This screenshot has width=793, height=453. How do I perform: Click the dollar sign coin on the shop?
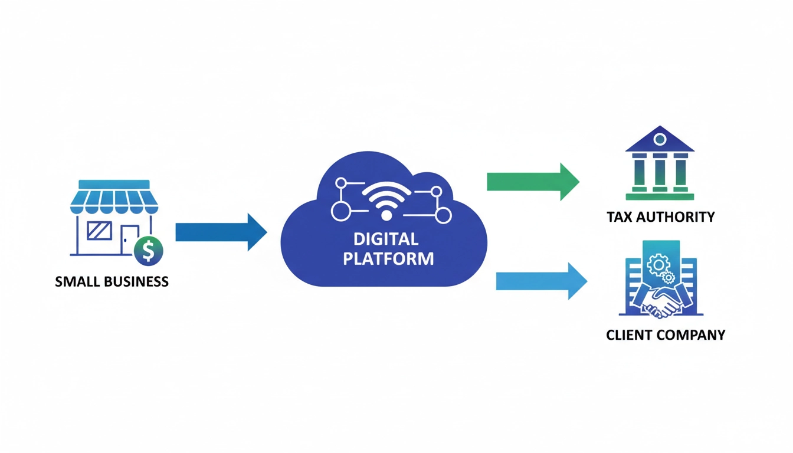click(x=148, y=251)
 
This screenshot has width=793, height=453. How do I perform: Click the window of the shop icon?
click(x=99, y=230)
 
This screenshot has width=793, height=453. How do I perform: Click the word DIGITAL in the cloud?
click(x=386, y=239)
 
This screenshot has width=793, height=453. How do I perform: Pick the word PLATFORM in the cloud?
click(x=388, y=258)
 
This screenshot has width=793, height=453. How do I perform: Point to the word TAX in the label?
click(x=620, y=217)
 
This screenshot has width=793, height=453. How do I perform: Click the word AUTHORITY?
click(x=676, y=217)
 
